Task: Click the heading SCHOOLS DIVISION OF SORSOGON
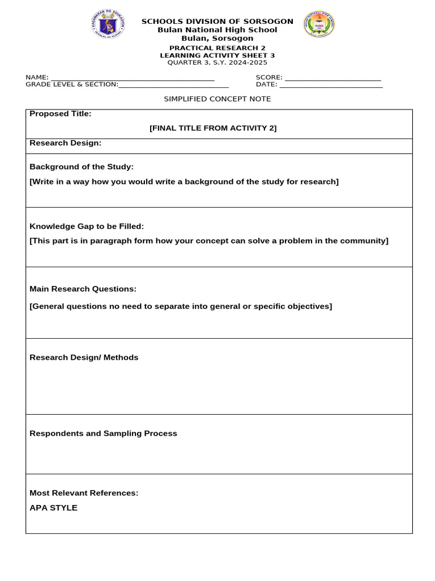(x=217, y=22)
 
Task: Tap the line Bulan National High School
(x=217, y=30)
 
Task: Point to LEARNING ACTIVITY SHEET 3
(x=217, y=56)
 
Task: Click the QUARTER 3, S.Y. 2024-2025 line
(x=217, y=62)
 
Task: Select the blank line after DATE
(x=331, y=85)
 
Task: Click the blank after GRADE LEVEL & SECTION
(x=173, y=85)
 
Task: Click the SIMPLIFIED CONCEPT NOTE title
(x=217, y=99)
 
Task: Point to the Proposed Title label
(x=60, y=114)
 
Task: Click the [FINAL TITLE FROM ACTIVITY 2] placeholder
(x=213, y=128)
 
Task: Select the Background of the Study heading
(x=82, y=167)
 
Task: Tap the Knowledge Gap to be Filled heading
(x=87, y=226)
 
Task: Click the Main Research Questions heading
(x=83, y=289)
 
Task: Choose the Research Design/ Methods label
(x=84, y=357)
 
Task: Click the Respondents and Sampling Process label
(x=103, y=433)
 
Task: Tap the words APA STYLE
(x=53, y=508)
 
